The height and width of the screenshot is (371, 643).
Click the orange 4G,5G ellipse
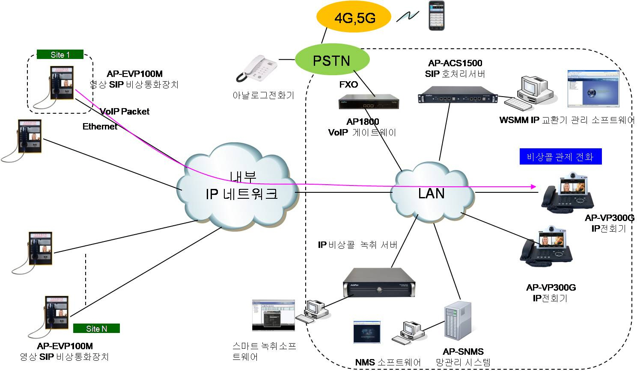coord(354,18)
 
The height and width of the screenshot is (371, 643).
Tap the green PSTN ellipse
coord(332,60)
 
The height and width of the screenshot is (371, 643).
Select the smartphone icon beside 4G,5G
coord(437,16)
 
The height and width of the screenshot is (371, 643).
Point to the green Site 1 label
coord(60,55)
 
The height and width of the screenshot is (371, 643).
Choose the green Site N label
coord(96,328)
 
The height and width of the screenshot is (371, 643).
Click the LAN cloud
coord(432,193)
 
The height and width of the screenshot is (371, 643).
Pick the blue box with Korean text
coord(560,156)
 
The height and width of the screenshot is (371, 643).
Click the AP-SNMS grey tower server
coord(458,324)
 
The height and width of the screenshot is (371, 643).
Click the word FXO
coord(348,85)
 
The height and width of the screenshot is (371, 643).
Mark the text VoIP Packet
coord(125,112)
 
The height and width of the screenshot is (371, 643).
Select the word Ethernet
coord(100,127)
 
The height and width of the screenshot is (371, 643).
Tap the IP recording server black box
coord(380,282)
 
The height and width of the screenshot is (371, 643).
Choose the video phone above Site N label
coord(57,312)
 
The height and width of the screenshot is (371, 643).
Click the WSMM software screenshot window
coord(592,89)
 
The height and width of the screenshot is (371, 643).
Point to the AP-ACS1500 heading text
coord(455,63)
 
